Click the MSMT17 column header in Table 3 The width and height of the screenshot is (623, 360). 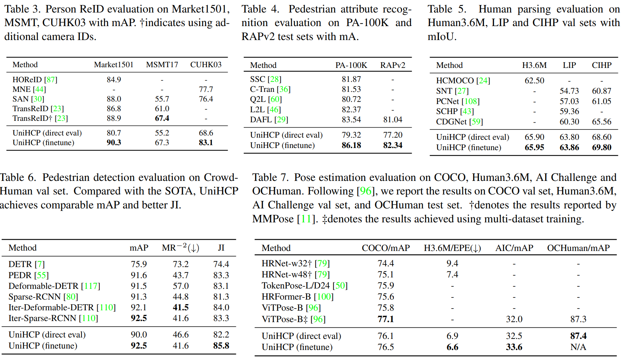pos(162,65)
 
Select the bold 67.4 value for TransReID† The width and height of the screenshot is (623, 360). pos(162,118)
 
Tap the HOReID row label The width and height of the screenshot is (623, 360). pos(27,80)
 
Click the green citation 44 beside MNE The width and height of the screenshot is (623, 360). pos(39,89)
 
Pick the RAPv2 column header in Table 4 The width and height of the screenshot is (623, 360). pos(392,65)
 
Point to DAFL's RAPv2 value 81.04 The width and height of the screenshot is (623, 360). pos(392,120)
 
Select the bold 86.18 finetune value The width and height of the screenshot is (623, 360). pos(351,146)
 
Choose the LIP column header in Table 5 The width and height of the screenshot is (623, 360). pos(569,65)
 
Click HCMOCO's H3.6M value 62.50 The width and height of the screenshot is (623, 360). pos(534,81)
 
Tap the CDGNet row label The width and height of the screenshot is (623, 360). pos(451,122)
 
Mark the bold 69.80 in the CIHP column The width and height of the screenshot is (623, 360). pos(602,148)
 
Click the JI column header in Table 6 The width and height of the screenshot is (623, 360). pos(221,248)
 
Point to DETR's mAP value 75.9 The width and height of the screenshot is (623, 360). pos(139,264)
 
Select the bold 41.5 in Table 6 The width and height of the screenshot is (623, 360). pos(181,307)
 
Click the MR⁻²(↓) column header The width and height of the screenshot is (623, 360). pos(181,248)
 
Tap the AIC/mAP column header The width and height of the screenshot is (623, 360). pos(514,248)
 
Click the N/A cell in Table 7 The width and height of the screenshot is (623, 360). pos(578,347)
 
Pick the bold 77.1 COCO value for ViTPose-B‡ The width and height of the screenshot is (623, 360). pos(386,319)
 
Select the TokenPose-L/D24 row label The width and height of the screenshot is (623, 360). pos(296,286)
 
